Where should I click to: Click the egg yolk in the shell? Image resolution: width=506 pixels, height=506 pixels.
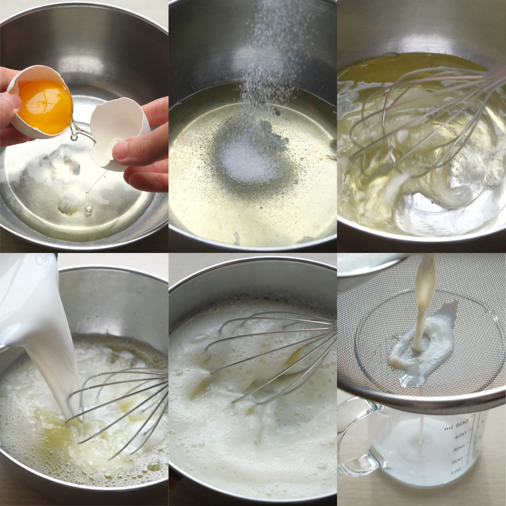[45, 106]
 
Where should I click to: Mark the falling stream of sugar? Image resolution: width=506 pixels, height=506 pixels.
[268, 65]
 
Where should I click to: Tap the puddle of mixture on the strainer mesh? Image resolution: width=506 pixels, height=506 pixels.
[419, 352]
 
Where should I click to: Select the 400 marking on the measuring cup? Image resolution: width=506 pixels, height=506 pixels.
[460, 436]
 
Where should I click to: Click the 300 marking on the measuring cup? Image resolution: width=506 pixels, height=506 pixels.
[458, 448]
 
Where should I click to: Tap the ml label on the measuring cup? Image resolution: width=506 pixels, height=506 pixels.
[448, 428]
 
